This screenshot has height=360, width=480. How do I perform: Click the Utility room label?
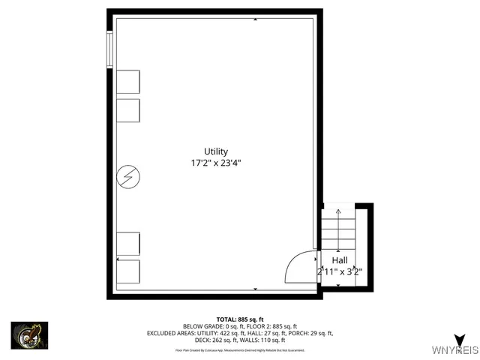215,151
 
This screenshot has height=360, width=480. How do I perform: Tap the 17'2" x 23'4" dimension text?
215,163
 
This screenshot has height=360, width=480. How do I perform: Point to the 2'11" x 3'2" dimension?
340,271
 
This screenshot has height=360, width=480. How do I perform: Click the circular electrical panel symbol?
129,178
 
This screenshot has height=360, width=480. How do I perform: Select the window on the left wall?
110,49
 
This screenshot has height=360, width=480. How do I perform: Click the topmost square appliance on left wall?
128,82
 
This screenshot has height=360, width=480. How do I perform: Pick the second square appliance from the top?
128,110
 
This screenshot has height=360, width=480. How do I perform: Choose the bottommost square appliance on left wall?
128,271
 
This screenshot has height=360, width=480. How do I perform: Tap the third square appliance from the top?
128,244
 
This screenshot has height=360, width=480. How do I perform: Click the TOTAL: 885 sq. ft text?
239,319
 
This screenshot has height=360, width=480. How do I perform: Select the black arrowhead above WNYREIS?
459,339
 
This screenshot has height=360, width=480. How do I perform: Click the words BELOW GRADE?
200,326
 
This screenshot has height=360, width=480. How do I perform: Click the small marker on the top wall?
256,19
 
